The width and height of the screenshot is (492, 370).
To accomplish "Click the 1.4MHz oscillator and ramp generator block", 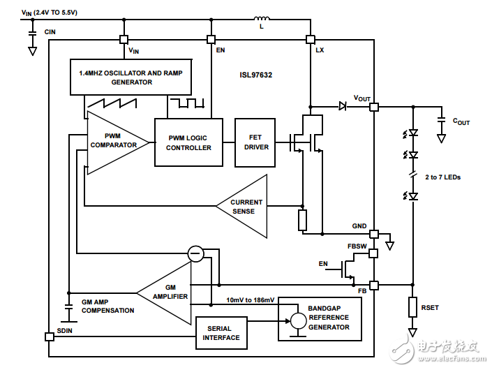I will [x=131, y=77].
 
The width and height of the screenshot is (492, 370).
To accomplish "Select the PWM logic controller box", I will [x=188, y=142].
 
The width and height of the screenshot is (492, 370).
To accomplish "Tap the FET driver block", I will [x=255, y=142].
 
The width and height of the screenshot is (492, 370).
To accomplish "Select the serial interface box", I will [x=221, y=333].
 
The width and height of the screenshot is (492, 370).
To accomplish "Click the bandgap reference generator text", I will [x=329, y=318].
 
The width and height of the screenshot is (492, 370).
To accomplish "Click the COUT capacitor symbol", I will [x=441, y=120].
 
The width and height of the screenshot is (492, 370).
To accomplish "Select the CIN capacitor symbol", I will [x=31, y=32].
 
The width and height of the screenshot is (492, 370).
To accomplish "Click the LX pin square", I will [x=311, y=39].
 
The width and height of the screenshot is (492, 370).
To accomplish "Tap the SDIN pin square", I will [x=49, y=336].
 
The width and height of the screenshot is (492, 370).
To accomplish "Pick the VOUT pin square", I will [x=374, y=107].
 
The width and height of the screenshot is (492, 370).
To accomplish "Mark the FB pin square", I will [x=374, y=285].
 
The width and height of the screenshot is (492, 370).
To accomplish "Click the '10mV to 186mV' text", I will [x=251, y=299].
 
